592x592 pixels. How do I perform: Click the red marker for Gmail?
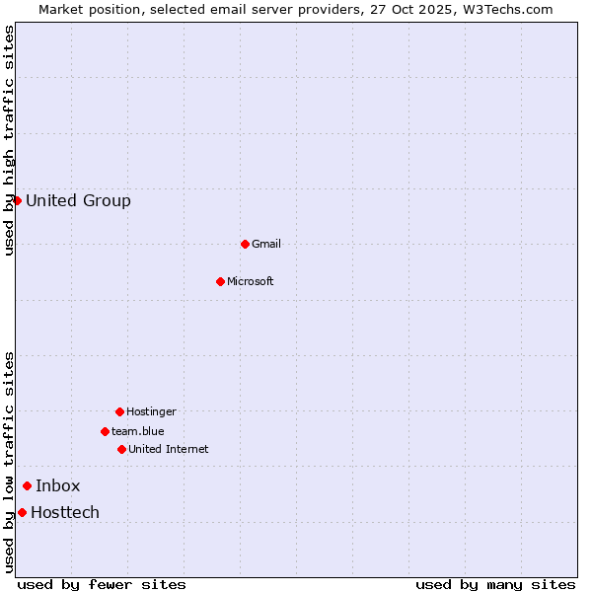tap(245, 244)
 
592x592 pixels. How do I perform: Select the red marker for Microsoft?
tap(220, 281)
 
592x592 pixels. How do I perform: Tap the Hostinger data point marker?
tap(119, 411)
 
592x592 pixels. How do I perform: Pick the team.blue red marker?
tap(105, 431)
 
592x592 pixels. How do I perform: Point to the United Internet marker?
tap(121, 449)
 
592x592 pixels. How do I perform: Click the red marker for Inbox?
tap(27, 485)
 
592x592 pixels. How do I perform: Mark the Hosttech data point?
tap(22, 512)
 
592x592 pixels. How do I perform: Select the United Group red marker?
tap(17, 200)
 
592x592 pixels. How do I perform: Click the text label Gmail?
tap(266, 244)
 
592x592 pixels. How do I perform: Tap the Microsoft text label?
tap(251, 281)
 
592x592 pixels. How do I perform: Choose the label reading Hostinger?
tap(151, 411)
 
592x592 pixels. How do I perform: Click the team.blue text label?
tap(138, 431)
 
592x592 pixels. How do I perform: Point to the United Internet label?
tap(169, 449)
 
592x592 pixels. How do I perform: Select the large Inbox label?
tap(58, 485)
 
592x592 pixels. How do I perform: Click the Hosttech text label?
tap(65, 512)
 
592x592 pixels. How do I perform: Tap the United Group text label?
tap(78, 200)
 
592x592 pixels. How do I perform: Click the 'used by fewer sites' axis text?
tap(102, 584)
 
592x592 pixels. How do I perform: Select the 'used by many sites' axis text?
tap(495, 584)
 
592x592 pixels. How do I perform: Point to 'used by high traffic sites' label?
tap(10, 140)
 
